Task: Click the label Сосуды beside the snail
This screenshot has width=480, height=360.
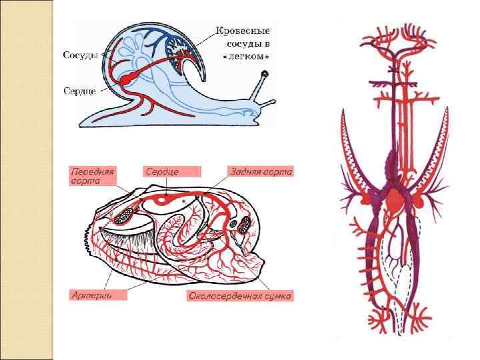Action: coord(80,55)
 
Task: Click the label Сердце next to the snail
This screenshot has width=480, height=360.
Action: coord(80,90)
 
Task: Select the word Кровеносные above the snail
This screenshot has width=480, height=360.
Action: coord(242,31)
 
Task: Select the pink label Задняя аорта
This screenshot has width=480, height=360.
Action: coord(260,171)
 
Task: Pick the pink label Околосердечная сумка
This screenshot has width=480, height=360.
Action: coord(240,295)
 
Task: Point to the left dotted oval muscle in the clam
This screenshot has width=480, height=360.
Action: coord(124,215)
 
